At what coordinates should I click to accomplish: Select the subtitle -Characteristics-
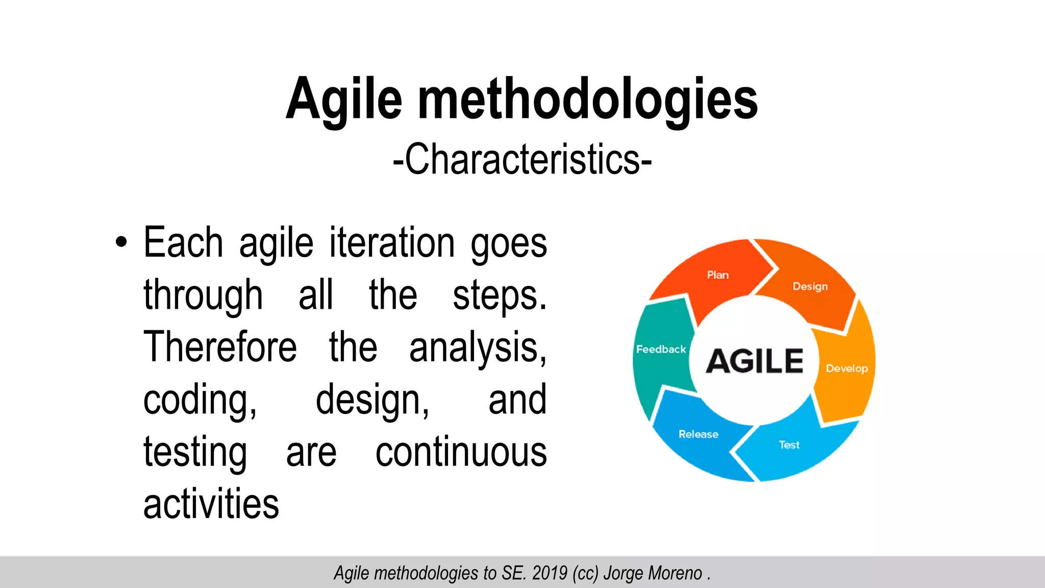[522, 160]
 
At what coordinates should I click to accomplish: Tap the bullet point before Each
[121, 242]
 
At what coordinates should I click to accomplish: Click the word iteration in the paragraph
[392, 243]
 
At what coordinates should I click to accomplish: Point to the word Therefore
[220, 347]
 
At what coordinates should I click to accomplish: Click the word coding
[200, 401]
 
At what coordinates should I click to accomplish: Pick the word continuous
[461, 452]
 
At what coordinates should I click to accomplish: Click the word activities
[211, 504]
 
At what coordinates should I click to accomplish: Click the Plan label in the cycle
[717, 275]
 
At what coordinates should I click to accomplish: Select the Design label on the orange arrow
[810, 286]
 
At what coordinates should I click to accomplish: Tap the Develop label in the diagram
[847, 369]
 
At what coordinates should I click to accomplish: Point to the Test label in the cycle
[789, 445]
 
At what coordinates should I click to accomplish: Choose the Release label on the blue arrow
[698, 434]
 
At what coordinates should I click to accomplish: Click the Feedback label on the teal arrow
[661, 350]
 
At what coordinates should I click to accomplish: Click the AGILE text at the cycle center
[754, 361]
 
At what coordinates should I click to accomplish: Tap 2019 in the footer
[550, 573]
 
